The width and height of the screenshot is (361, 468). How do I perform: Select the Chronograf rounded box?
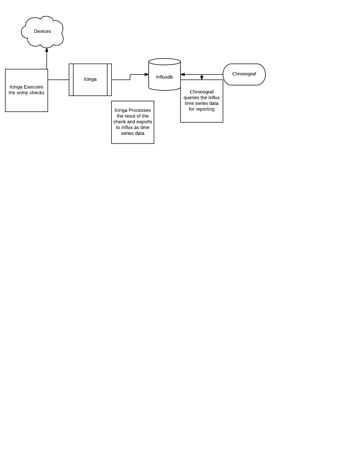(244, 74)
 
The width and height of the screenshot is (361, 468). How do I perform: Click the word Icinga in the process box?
(90, 79)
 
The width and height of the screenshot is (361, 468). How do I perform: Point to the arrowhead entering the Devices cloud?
(47, 50)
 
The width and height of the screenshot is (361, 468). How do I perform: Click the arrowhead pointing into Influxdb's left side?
(147, 74)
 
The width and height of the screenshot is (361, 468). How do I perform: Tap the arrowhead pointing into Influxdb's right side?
(183, 74)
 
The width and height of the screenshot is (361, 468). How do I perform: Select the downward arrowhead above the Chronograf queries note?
(202, 78)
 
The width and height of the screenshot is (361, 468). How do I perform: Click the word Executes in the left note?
(33, 87)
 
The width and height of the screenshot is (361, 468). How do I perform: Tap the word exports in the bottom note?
(145, 122)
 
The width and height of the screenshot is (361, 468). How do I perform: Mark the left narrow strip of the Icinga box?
(71, 80)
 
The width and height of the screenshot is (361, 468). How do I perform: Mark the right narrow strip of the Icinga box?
(109, 80)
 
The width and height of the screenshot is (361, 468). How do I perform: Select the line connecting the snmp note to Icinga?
(58, 80)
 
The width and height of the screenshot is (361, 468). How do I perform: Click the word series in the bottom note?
(127, 133)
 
